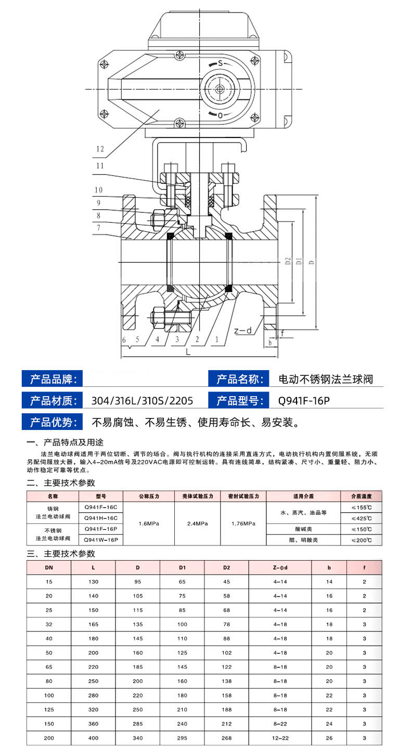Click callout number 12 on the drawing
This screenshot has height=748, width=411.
click(x=100, y=149)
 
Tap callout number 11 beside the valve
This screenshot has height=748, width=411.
click(x=100, y=166)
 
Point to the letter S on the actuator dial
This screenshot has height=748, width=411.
click(x=221, y=63)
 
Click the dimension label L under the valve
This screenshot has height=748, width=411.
click(x=188, y=352)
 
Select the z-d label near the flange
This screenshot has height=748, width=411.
click(x=243, y=331)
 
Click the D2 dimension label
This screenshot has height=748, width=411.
click(x=288, y=261)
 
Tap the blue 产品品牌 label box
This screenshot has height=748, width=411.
click(x=52, y=378)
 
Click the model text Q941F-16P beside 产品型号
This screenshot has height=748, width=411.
click(x=304, y=401)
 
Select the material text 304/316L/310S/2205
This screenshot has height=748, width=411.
click(x=142, y=401)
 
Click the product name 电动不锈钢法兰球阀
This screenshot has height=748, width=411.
click(x=326, y=379)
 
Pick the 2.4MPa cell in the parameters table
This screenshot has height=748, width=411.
click(x=198, y=524)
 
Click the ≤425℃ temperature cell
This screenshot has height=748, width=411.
click(x=362, y=518)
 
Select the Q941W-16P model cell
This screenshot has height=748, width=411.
click(x=101, y=540)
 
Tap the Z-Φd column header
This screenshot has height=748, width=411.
click(x=280, y=568)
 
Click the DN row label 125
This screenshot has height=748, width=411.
click(x=49, y=709)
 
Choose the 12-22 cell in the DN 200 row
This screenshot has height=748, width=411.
click(x=280, y=738)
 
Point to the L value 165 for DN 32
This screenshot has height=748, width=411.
click(x=94, y=625)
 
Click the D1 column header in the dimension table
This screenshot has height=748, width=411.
click(x=182, y=568)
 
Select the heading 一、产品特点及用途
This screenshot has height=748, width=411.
click(x=65, y=442)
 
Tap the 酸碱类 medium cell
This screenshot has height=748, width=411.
click(x=303, y=529)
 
